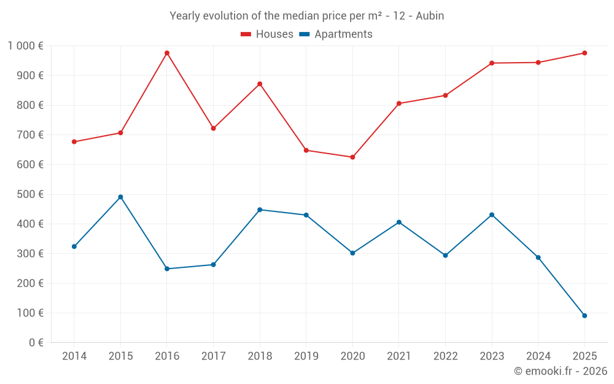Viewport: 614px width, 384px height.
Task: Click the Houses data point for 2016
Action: coord(167,53)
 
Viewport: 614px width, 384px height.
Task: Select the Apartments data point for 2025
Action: coord(585,316)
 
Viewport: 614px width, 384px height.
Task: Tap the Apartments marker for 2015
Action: coord(120,197)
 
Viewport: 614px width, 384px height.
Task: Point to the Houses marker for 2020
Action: coord(352,157)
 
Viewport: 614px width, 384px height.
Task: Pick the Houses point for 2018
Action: coord(260,84)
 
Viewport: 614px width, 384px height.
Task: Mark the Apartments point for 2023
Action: coord(492,215)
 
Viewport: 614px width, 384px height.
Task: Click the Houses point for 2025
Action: coord(585,53)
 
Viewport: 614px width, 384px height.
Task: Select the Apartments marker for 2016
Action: coord(167,268)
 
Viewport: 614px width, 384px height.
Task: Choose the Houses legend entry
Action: coord(268,34)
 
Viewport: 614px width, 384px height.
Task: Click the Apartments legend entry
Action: coord(336,34)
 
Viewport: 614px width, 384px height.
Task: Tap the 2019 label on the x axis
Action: coord(306,356)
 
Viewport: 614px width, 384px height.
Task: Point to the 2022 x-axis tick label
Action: coord(445,356)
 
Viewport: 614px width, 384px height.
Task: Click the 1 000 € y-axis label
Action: coord(25,46)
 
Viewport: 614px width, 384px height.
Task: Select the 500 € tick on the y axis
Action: coord(30,194)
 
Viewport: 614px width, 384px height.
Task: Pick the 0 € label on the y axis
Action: coord(34,343)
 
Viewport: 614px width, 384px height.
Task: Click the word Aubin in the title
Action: coord(430,16)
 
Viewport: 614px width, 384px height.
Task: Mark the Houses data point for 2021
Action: coord(399,103)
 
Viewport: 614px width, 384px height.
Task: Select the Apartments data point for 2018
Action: coord(260,210)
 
